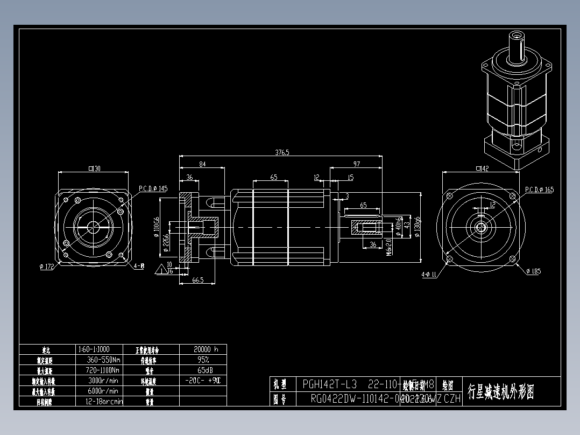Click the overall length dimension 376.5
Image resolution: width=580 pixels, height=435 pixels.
coord(282,152)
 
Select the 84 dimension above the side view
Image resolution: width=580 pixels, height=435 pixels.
coord(202,164)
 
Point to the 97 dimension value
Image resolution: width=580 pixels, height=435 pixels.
coord(356,164)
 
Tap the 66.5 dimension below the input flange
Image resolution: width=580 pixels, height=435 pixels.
coord(197,280)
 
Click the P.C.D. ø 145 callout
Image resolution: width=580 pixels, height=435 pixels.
coord(153,189)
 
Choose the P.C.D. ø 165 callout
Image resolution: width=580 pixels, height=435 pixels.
coord(539,190)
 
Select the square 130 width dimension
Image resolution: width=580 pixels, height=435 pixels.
coord(94,169)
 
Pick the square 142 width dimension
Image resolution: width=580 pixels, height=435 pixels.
coord(482,169)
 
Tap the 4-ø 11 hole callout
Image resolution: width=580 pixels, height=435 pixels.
coord(429,275)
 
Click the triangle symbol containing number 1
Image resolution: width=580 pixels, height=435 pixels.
coord(161,269)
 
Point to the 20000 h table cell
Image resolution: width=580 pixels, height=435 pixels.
coord(202,349)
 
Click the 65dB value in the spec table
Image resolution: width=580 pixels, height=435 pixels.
coord(202,370)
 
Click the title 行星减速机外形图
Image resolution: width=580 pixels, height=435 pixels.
coord(501,391)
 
